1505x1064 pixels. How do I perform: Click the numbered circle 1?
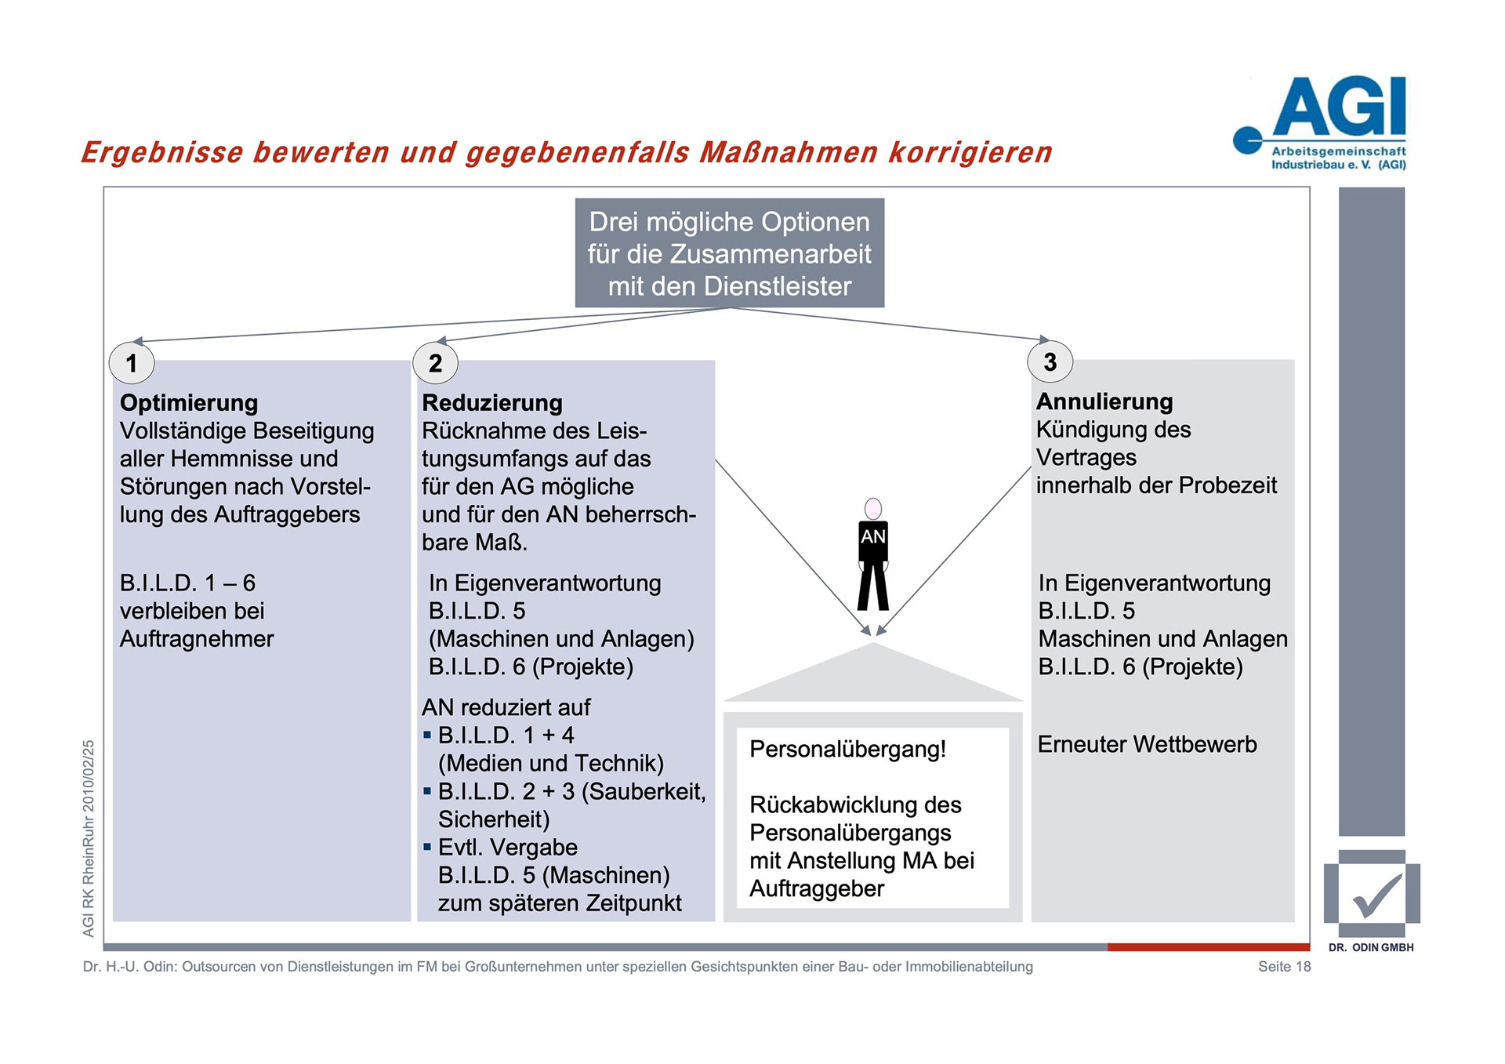(132, 363)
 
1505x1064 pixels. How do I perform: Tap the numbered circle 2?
(435, 363)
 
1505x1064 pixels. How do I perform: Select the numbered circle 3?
(1050, 361)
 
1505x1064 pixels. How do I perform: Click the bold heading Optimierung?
(189, 403)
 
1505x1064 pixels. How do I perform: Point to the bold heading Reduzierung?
(492, 403)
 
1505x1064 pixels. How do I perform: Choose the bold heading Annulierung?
(1104, 401)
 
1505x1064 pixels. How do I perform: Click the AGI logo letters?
(1340, 107)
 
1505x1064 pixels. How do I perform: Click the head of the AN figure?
(873, 508)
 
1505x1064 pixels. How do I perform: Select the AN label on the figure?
(873, 537)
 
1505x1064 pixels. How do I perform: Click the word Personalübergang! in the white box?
(847, 750)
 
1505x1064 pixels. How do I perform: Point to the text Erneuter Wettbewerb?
(1147, 744)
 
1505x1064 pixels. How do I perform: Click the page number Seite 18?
(1284, 967)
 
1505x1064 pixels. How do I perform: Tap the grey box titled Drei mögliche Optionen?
(729, 253)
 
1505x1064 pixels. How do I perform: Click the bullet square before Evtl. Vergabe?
(427, 847)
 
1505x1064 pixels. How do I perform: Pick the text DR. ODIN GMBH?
(1371, 947)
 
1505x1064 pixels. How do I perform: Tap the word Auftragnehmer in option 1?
(197, 639)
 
